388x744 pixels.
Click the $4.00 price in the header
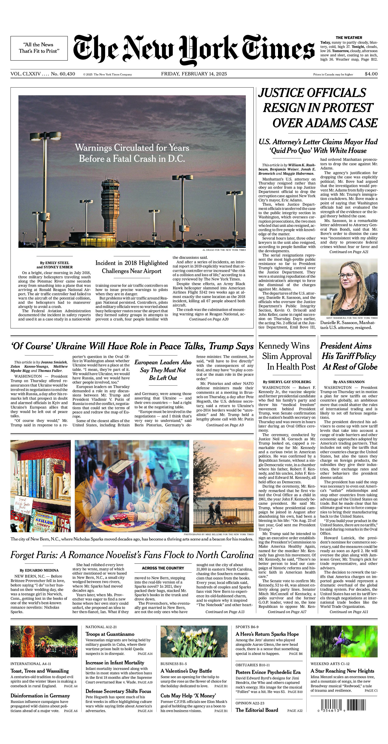click(x=371, y=74)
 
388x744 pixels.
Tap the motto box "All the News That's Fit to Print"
click(x=39, y=48)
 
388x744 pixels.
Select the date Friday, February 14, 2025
click(x=194, y=74)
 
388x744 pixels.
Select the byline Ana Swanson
click(x=349, y=382)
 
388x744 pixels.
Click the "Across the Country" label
click(x=163, y=568)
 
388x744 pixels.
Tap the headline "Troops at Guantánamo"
click(x=110, y=634)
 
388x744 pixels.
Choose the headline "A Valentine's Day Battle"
click(x=186, y=671)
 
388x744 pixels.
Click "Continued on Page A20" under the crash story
click(x=209, y=319)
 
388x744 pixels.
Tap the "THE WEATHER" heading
click(x=349, y=37)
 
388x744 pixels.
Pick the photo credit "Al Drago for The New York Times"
click(x=224, y=250)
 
